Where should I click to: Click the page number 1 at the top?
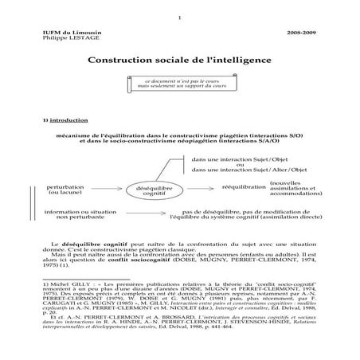pos(181,20)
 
